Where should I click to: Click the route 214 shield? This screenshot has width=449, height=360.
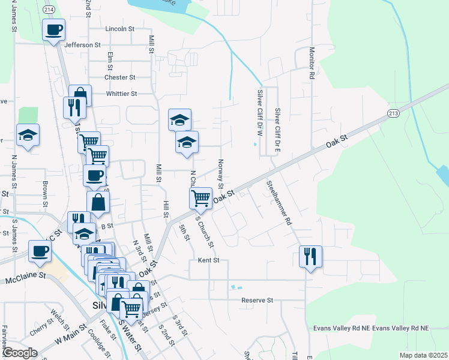(49, 10)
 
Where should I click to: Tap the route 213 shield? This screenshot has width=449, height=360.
(393, 113)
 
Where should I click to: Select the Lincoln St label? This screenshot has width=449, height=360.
(119, 29)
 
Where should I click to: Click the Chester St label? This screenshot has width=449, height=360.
(119, 77)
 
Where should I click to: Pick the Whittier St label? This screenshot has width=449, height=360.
(121, 94)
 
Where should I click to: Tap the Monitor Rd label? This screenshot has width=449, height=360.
(312, 64)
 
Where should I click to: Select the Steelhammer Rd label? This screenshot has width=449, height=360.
(280, 203)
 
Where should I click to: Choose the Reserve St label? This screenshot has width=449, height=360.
(257, 300)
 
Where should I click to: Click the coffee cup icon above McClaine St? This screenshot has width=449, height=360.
(40, 250)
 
